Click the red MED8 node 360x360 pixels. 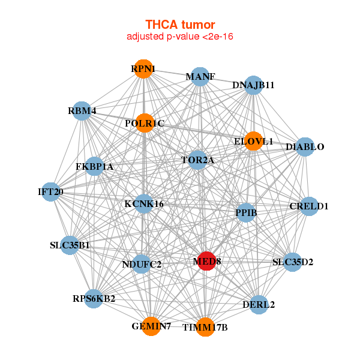(x=206, y=261)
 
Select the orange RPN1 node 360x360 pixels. (x=143, y=69)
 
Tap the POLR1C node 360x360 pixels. (x=145, y=124)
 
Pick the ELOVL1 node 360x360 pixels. (x=253, y=142)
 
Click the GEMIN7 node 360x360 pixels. (x=151, y=326)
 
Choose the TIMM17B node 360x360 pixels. (x=205, y=327)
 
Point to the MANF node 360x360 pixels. (x=200, y=77)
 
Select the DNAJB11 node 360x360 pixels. (x=254, y=85)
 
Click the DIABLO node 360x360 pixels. (x=304, y=147)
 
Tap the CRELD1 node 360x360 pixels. (x=309, y=206)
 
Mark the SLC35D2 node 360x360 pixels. (x=292, y=262)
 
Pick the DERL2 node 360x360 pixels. (x=259, y=304)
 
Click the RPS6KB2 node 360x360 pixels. (x=94, y=298)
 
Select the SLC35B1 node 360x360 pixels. (x=70, y=245)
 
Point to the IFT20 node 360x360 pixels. (x=51, y=192)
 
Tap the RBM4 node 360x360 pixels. (x=82, y=110)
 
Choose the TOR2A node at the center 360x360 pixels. (x=197, y=160)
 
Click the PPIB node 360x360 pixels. (x=246, y=212)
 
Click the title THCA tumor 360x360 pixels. (x=180, y=25)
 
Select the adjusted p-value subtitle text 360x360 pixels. (x=180, y=37)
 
